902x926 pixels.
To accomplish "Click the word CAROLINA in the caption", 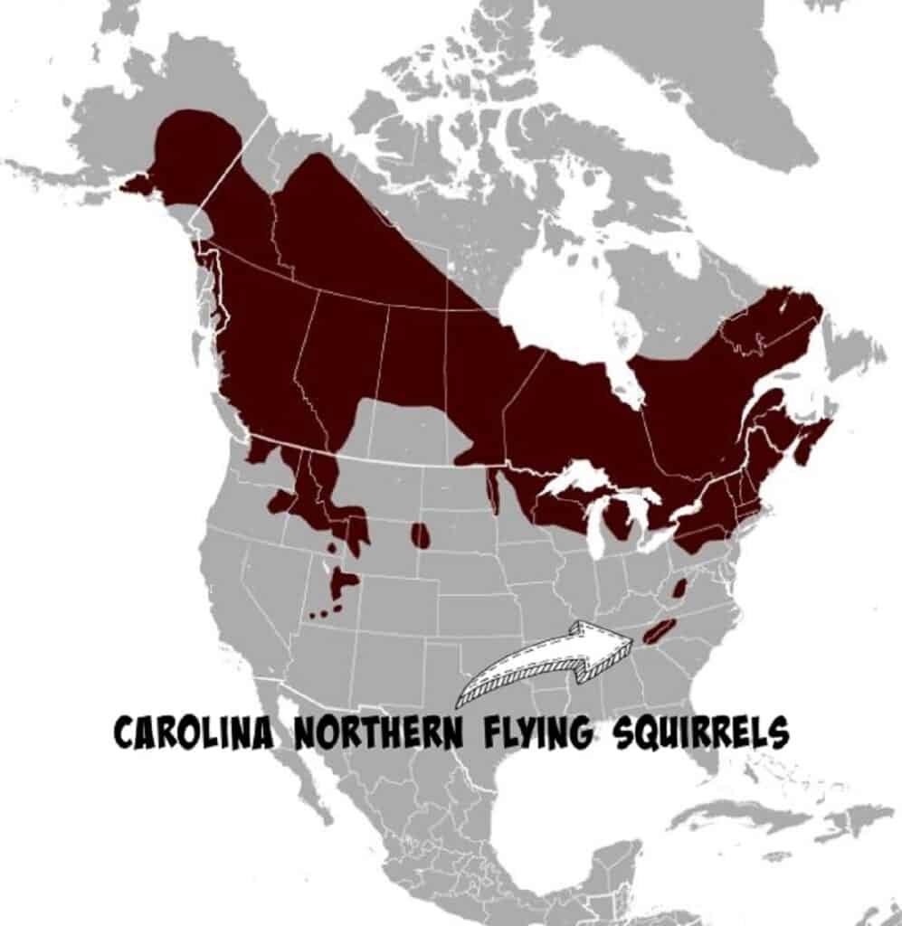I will tap(192, 732).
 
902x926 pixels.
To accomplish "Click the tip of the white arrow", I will tap(631, 640).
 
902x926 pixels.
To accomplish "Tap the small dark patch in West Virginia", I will tap(679, 589).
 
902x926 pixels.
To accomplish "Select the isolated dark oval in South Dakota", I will tap(421, 535).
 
